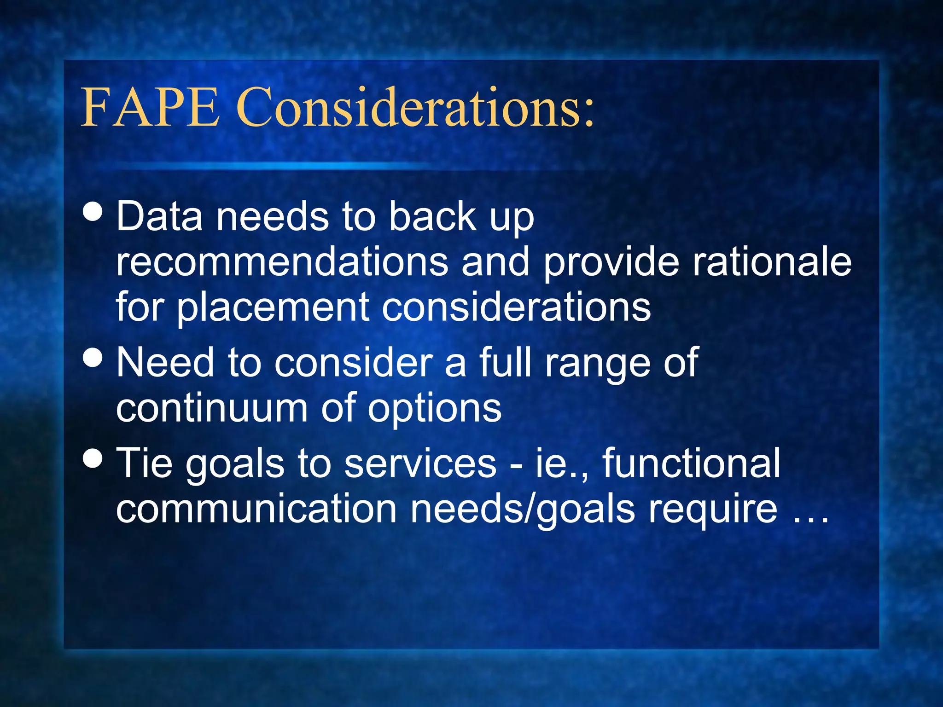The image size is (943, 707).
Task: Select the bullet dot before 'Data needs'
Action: [x=93, y=212]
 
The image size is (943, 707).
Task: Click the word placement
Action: [x=274, y=307]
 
